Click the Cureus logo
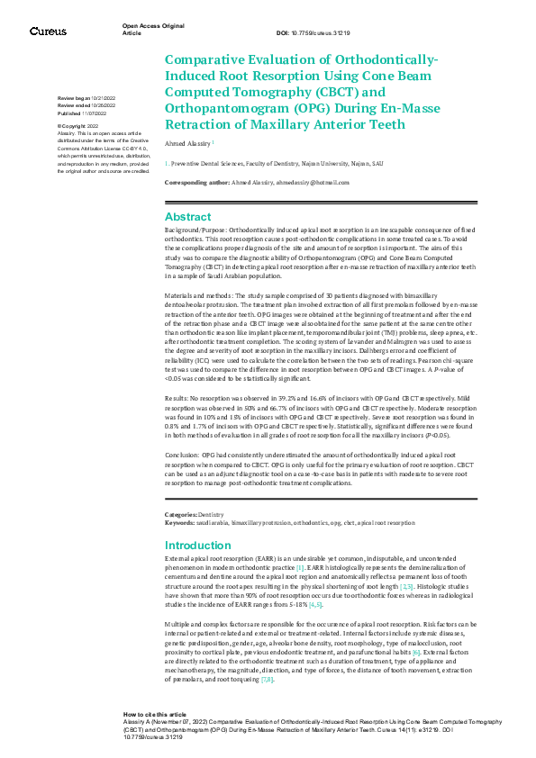[48, 31]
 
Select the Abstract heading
[187, 217]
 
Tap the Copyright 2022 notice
[81, 126]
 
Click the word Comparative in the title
[210, 59]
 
